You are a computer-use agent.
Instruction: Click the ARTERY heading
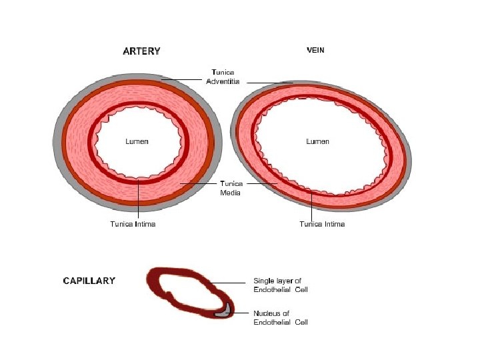(x=141, y=51)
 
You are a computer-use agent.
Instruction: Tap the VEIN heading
(x=315, y=50)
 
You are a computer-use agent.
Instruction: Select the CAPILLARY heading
(x=89, y=281)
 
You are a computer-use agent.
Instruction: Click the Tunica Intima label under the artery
(x=133, y=224)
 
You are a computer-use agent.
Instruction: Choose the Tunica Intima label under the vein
(x=322, y=224)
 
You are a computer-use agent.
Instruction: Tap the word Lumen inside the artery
(x=137, y=141)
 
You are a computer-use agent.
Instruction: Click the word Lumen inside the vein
(x=317, y=141)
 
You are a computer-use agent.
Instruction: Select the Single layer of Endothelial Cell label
(x=280, y=285)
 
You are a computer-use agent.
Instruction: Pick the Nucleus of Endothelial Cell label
(x=280, y=317)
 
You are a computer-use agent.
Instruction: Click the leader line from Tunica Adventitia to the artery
(x=181, y=80)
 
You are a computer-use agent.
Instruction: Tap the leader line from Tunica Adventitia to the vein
(x=270, y=83)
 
